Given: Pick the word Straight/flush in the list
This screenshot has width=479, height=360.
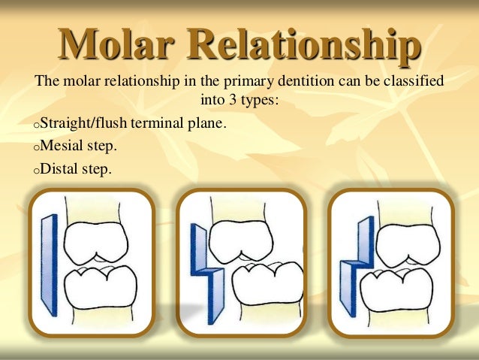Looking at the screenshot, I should [x=76, y=123].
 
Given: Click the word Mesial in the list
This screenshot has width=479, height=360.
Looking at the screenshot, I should [x=59, y=146].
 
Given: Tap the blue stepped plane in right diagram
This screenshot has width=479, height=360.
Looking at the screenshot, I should [x=355, y=267].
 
